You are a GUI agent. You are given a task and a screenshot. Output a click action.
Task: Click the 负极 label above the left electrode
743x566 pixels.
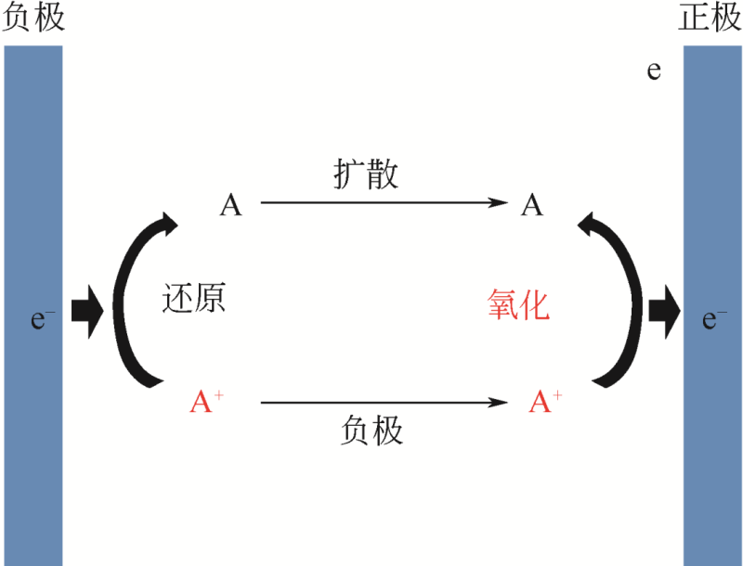[x=34, y=19]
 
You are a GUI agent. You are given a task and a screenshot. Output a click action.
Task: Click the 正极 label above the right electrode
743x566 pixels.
[x=710, y=19]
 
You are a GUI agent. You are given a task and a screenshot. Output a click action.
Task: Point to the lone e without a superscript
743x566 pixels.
[x=654, y=71]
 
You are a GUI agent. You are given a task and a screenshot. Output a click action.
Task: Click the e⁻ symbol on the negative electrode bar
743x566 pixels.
[x=43, y=320]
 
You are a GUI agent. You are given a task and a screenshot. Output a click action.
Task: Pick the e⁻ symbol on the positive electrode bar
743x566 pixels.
[x=714, y=320]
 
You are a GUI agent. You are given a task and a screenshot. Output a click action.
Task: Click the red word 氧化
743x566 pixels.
[x=518, y=304]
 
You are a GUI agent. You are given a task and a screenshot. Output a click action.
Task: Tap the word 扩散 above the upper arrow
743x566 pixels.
[x=366, y=174]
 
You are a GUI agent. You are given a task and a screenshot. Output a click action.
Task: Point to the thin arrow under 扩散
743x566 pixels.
[x=384, y=203]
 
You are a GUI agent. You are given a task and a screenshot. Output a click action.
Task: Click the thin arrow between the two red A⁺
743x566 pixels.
[x=384, y=403]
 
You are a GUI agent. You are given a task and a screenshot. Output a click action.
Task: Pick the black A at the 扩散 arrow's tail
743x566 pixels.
[x=230, y=205]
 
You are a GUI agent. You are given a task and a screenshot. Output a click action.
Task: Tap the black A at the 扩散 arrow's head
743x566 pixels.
[x=531, y=205]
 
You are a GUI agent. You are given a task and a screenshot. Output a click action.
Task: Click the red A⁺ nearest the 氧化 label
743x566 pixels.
[x=545, y=402]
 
